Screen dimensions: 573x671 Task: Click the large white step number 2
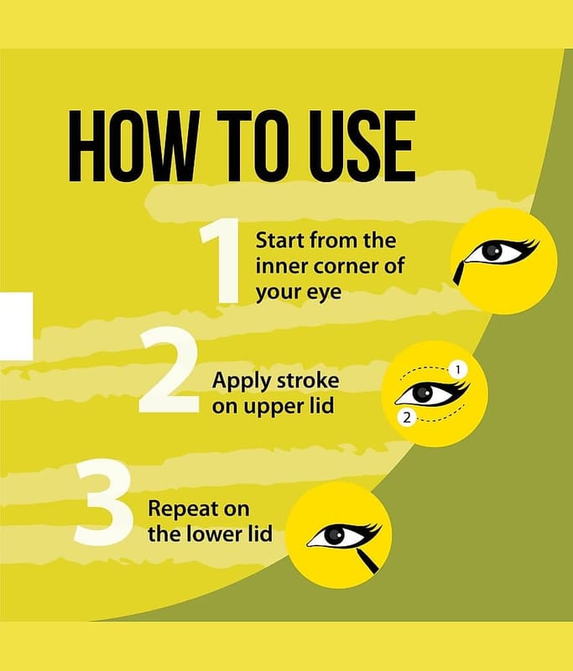point(169,370)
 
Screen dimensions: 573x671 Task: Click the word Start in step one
point(280,240)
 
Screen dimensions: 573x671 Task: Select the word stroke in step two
point(310,380)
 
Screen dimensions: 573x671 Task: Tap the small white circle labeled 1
point(458,370)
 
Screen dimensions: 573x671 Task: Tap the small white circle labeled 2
point(407,418)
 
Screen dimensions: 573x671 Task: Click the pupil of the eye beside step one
point(492,252)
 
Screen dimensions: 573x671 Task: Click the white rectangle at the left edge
point(16,326)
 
